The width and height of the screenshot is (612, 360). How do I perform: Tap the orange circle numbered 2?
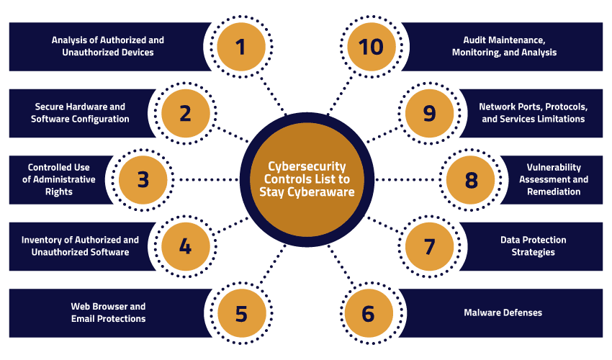coord(185,113)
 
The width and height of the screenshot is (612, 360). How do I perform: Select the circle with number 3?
coord(143,179)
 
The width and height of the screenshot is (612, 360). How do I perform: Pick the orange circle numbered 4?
coord(185,246)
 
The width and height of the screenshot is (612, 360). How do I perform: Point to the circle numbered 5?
coord(241,313)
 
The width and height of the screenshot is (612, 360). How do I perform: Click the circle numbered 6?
coord(369,313)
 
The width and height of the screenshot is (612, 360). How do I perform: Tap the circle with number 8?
coord(471,179)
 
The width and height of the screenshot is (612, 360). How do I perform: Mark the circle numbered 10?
coord(372,47)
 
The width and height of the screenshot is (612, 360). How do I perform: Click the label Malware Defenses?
coord(502,312)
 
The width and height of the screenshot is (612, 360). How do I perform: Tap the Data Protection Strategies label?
coord(534,246)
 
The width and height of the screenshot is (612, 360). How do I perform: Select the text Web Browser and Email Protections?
coord(108,312)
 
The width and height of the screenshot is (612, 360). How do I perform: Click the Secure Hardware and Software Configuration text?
coord(80,113)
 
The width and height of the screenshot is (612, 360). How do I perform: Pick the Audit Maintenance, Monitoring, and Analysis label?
coord(504,47)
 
